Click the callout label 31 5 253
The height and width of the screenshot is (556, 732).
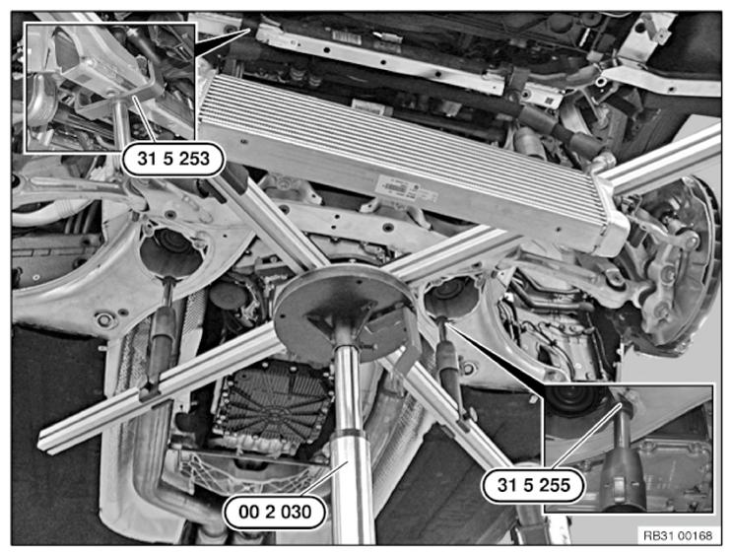pos(173,159)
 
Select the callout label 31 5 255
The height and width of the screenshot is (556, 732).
pos(533,485)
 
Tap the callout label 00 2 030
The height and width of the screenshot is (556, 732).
pos(275,512)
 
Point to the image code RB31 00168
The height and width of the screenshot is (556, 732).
pos(678,536)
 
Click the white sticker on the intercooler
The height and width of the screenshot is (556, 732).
pos(405,189)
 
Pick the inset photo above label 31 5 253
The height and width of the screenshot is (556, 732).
pos(110,88)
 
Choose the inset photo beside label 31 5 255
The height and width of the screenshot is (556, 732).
pos(629,449)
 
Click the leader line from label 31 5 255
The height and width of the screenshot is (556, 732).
pos(587,436)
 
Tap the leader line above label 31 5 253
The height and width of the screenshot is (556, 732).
pos(144,119)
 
